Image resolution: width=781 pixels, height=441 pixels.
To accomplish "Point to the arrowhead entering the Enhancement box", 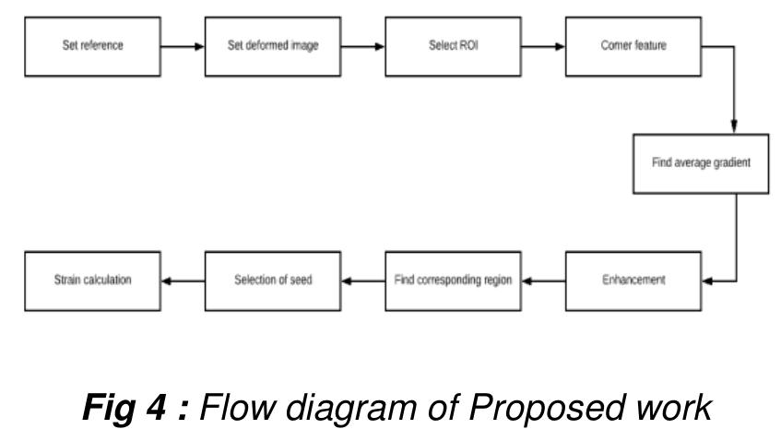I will click(x=705, y=280).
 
